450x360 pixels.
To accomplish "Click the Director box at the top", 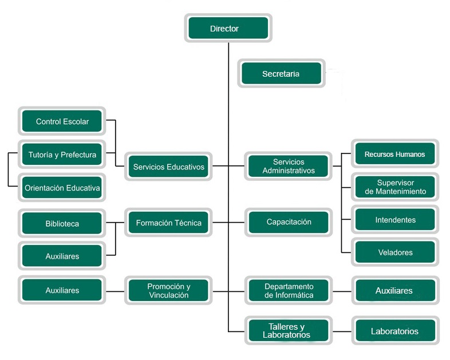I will pyautogui.click(x=228, y=28).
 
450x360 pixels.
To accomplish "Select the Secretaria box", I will pyautogui.click(x=281, y=74).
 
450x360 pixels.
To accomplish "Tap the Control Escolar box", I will pyautogui.click(x=62, y=121).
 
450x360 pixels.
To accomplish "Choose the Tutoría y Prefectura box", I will pyautogui.click(x=62, y=155).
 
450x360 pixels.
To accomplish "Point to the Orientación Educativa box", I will pyautogui.click(x=62, y=187).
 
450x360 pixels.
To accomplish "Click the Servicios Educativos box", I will pyautogui.click(x=168, y=167).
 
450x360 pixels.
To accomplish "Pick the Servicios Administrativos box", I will pyautogui.click(x=289, y=167).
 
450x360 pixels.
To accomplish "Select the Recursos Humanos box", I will pyautogui.click(x=394, y=154).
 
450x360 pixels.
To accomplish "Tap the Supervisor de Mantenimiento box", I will pyautogui.click(x=395, y=187).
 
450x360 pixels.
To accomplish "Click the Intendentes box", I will pyautogui.click(x=395, y=220).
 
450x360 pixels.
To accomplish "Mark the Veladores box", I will pyautogui.click(x=395, y=252).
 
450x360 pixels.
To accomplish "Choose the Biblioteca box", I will pyautogui.click(x=62, y=223).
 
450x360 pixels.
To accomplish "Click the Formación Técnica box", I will pyautogui.click(x=168, y=223).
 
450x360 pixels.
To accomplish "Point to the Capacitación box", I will pyautogui.click(x=289, y=222).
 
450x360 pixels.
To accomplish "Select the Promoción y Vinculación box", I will pyautogui.click(x=168, y=291).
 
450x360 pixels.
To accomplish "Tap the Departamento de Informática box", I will pyautogui.click(x=289, y=291).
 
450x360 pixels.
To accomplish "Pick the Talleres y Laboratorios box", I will pyautogui.click(x=289, y=331).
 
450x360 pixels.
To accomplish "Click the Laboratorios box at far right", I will pyautogui.click(x=394, y=331).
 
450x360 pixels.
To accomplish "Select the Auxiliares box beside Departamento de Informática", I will pyautogui.click(x=394, y=291).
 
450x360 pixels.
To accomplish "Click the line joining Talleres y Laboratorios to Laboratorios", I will pyautogui.click(x=342, y=331).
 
